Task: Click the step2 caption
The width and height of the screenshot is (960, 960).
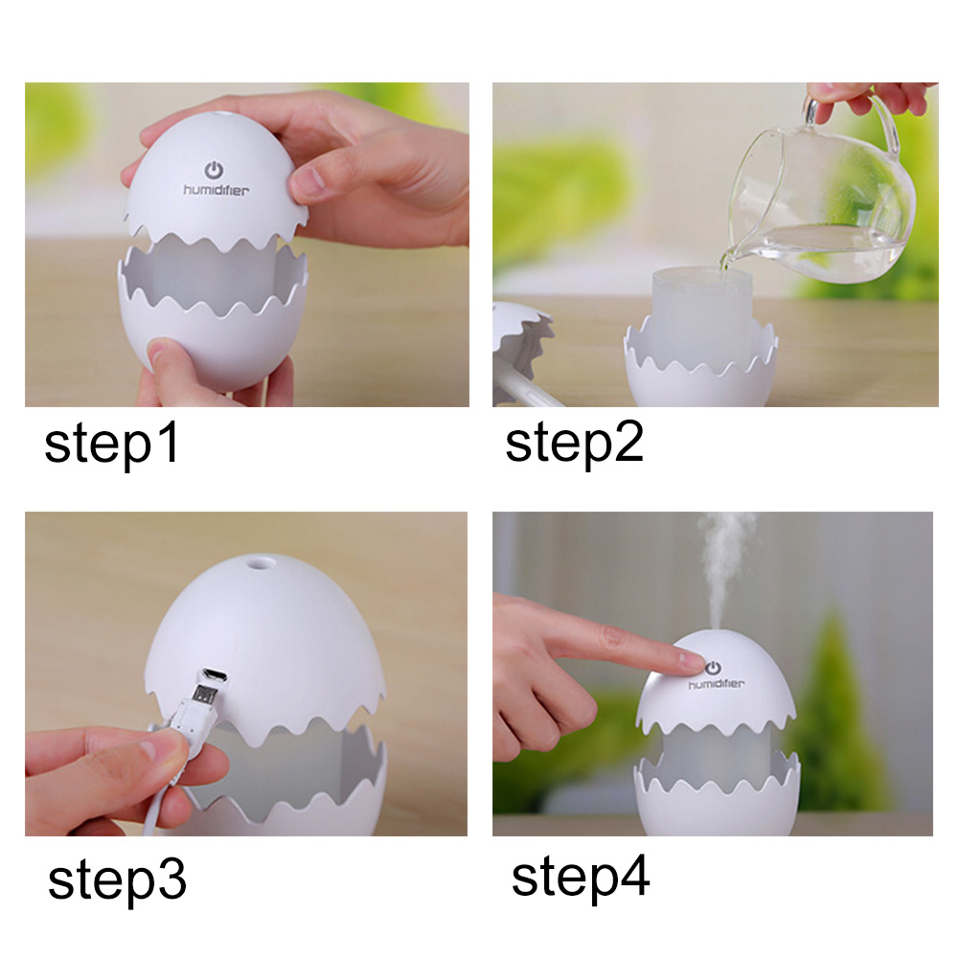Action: [x=574, y=444]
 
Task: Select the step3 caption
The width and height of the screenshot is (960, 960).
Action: [x=117, y=881]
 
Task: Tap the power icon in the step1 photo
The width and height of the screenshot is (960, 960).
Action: [x=214, y=171]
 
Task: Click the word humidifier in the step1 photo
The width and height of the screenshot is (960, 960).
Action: [x=217, y=191]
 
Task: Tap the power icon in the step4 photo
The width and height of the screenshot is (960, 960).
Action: [x=713, y=668]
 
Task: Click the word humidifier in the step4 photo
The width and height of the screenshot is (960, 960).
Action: [x=717, y=683]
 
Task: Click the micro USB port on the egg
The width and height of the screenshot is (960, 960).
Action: [x=215, y=675]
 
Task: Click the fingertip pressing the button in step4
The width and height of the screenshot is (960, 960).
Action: [x=691, y=661]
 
